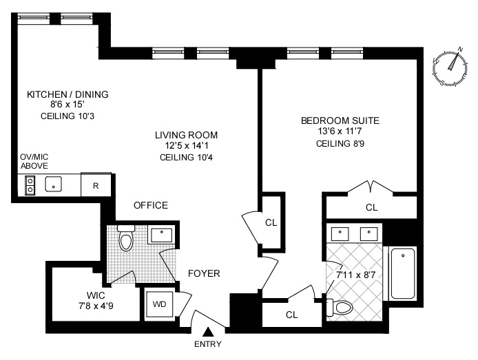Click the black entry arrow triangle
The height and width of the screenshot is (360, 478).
click(x=207, y=332)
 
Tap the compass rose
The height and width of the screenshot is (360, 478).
click(x=450, y=67)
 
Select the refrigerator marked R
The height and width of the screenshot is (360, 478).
click(x=96, y=185)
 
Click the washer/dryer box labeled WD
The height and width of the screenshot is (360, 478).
click(x=159, y=304)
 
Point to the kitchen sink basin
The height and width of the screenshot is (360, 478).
click(x=53, y=184)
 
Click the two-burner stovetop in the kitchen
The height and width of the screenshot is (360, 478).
click(x=30, y=185)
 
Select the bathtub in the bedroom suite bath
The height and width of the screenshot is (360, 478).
click(x=403, y=273)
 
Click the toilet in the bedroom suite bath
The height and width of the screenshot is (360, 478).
click(x=340, y=308)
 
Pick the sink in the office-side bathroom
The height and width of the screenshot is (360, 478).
click(x=162, y=235)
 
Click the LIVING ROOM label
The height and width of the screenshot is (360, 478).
click(x=186, y=135)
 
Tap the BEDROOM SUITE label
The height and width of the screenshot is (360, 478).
click(x=340, y=120)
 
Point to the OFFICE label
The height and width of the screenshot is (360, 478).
click(x=151, y=205)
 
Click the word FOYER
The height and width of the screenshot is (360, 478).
click(x=204, y=273)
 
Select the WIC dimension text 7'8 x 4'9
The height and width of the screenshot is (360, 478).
click(x=96, y=306)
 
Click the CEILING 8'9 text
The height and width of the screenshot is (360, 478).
click(x=340, y=143)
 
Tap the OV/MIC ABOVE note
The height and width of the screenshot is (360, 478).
click(x=34, y=162)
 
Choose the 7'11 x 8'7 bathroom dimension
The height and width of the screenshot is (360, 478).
click(x=355, y=275)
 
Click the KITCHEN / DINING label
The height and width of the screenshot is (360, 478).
click(x=67, y=94)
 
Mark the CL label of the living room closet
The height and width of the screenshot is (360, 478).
click(x=271, y=222)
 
